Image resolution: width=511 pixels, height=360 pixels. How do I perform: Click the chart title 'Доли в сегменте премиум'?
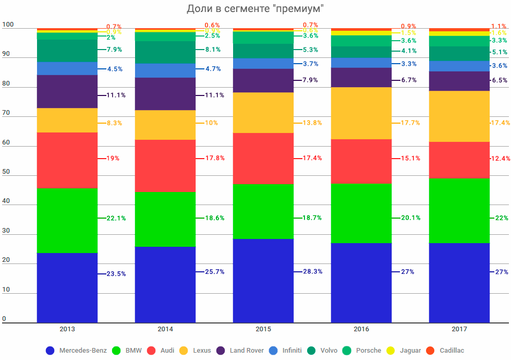click(x=256, y=9)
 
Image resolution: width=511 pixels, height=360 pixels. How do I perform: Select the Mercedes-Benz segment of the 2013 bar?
click(x=67, y=287)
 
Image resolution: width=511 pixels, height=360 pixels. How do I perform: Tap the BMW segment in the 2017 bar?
click(x=459, y=210)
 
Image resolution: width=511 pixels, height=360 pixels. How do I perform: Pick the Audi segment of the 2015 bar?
click(x=263, y=159)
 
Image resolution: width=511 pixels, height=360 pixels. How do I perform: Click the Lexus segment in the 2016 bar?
click(x=361, y=113)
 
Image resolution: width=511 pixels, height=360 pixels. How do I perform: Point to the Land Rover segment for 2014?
click(x=165, y=94)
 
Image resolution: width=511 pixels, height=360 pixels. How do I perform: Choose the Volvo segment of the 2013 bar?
click(x=67, y=51)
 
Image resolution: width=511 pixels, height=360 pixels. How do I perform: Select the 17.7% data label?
click(x=411, y=123)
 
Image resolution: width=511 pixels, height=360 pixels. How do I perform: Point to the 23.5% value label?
click(x=116, y=274)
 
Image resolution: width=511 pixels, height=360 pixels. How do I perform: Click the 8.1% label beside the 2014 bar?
click(x=212, y=50)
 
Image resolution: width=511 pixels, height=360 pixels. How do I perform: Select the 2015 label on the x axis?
click(x=263, y=329)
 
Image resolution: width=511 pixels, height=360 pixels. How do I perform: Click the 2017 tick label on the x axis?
click(x=459, y=329)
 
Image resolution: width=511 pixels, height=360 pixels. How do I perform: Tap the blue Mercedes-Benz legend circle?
click(x=50, y=351)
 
